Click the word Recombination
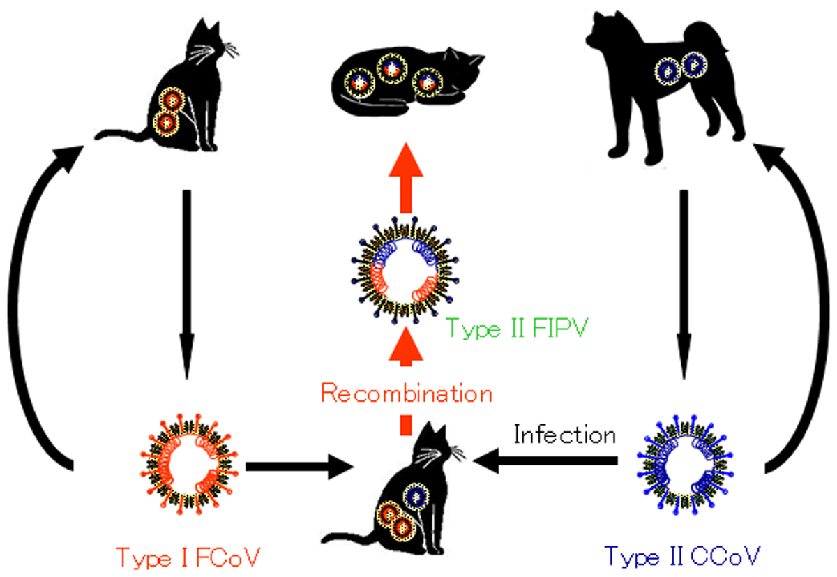(406, 394)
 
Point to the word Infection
(564, 435)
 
